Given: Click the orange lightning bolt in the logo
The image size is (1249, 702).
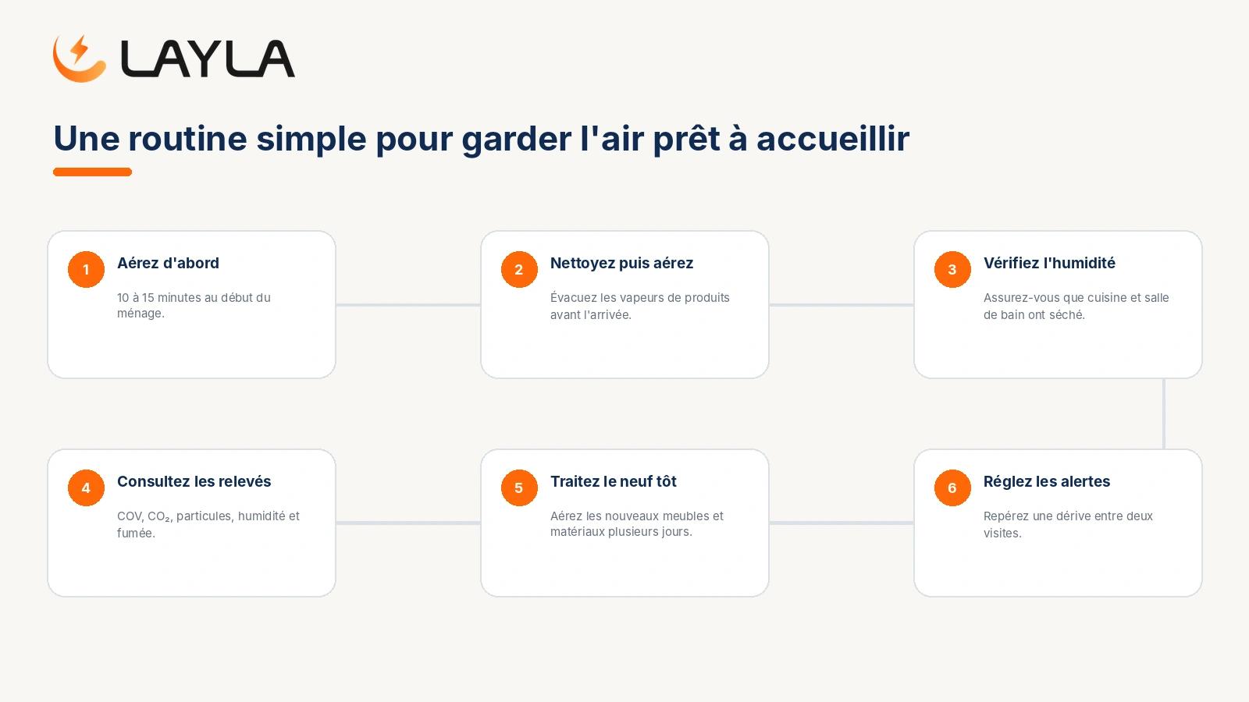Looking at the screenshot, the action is (80, 48).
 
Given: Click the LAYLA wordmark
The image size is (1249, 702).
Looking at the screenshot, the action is (208, 58).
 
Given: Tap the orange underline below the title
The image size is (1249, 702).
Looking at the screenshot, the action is (93, 172).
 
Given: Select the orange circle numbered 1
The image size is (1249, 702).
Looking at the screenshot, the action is (86, 270).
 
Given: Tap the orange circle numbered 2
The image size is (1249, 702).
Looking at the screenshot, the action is (519, 270).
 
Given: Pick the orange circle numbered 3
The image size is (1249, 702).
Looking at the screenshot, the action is (952, 270).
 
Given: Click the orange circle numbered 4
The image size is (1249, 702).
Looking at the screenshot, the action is (86, 488).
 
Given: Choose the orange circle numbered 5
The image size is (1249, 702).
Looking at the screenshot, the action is (519, 488).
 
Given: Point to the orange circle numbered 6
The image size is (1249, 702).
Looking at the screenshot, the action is (952, 488).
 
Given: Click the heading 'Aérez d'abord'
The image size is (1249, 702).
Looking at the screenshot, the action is (168, 263).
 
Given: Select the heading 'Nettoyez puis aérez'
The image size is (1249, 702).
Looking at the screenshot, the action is (621, 263).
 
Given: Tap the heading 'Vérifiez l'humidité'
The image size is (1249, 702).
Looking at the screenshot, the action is (1049, 263).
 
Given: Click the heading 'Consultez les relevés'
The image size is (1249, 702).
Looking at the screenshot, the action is (194, 481).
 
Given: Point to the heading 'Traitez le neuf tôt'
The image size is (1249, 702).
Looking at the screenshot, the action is (614, 481).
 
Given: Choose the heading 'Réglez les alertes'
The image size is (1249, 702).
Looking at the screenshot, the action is (1047, 481).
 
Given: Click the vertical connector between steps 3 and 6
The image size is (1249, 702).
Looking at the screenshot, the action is (1164, 414).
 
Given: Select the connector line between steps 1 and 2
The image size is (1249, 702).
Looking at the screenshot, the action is (408, 305).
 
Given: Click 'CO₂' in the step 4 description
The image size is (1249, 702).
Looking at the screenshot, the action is (159, 516).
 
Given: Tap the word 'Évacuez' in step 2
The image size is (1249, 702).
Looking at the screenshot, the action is (574, 297).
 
